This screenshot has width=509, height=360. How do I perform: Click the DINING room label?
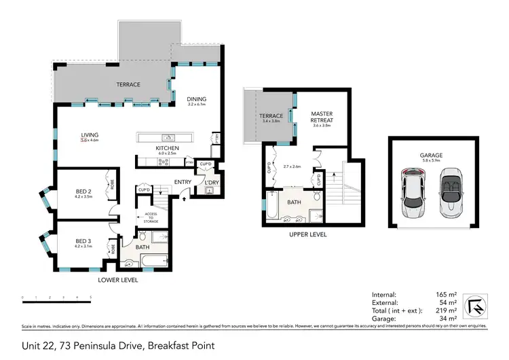pyautogui.click(x=197, y=100)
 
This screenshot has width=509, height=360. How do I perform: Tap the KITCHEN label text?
pyautogui.click(x=166, y=147)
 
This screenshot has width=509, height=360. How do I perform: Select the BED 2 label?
pyautogui.click(x=83, y=192)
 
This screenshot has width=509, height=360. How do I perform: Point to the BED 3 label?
pyautogui.click(x=83, y=240)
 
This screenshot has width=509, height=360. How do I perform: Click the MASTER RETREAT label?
pyautogui.click(x=320, y=117)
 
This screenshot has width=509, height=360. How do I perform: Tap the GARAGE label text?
pyautogui.click(x=432, y=155)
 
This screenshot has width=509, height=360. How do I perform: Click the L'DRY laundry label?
pyautogui.click(x=210, y=182)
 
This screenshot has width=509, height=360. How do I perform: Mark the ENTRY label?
pyautogui.click(x=183, y=182)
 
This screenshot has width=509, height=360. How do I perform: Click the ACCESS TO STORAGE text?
pyautogui.click(x=151, y=217)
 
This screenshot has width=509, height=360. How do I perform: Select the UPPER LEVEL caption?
pyautogui.click(x=309, y=234)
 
